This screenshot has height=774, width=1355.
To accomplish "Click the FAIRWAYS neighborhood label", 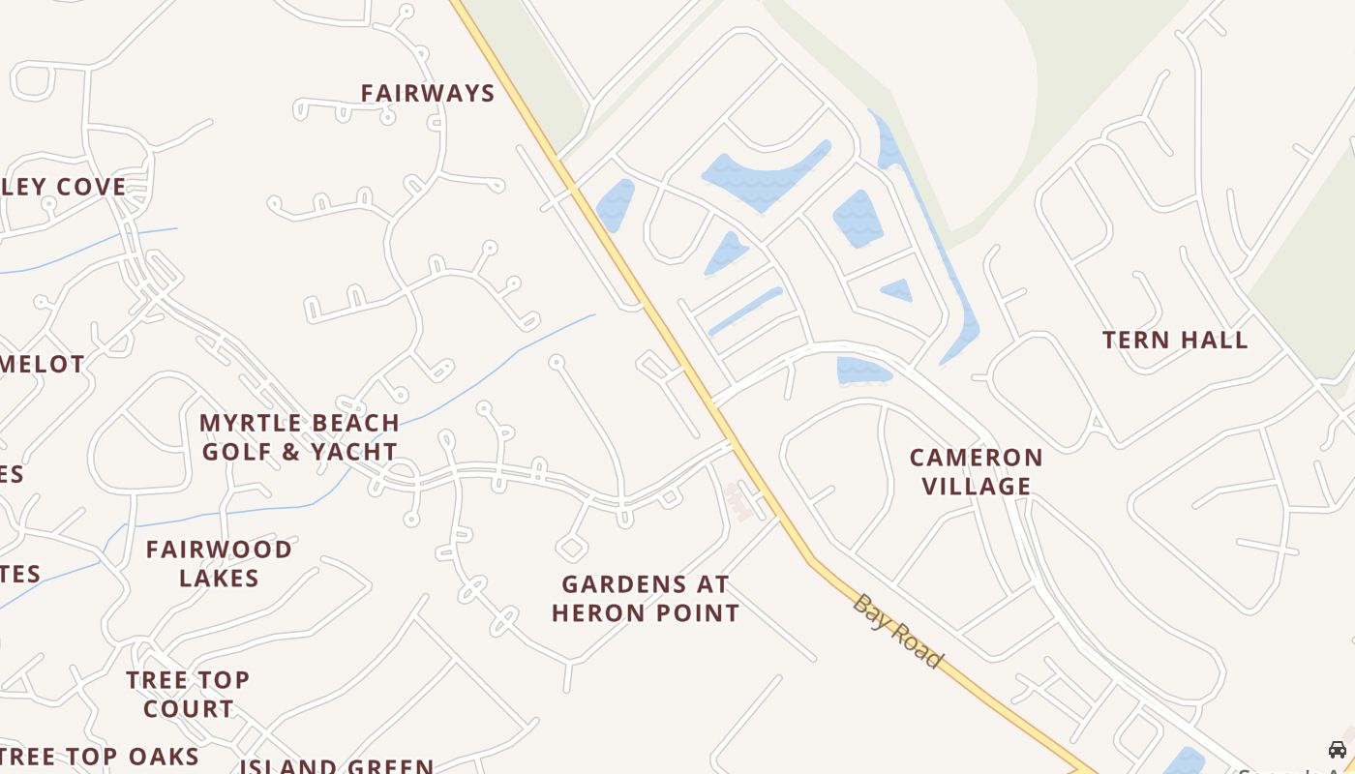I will (428, 93).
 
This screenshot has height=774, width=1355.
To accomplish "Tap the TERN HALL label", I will (1175, 340).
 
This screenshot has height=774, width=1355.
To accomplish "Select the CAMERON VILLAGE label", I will (976, 471).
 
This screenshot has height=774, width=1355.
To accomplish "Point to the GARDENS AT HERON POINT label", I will (646, 598).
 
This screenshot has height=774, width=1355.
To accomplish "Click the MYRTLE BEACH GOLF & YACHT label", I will (299, 437).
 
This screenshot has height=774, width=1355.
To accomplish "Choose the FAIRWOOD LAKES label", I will (219, 563).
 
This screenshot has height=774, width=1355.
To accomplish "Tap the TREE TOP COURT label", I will (188, 694).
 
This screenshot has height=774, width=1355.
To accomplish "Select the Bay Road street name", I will (897, 630).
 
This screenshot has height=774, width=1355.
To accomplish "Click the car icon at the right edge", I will (1338, 750).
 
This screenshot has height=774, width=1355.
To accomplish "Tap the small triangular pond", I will (897, 289).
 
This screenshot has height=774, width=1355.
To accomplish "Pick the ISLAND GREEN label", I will (337, 766).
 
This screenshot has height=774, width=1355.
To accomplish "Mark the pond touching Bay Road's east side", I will (615, 204).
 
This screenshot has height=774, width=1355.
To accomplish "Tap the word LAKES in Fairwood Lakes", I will (219, 578).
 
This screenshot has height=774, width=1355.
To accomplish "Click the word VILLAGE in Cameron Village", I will (976, 486).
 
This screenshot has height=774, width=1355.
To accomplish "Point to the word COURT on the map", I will (188, 708).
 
